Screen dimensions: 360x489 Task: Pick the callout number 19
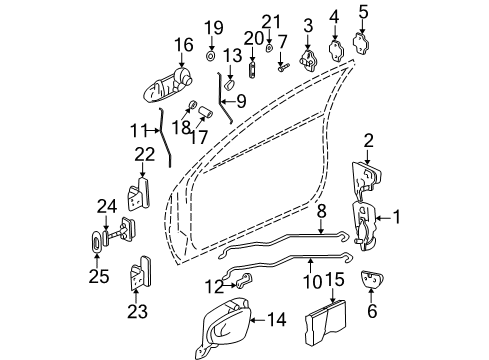pyautogui.click(x=212, y=26)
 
